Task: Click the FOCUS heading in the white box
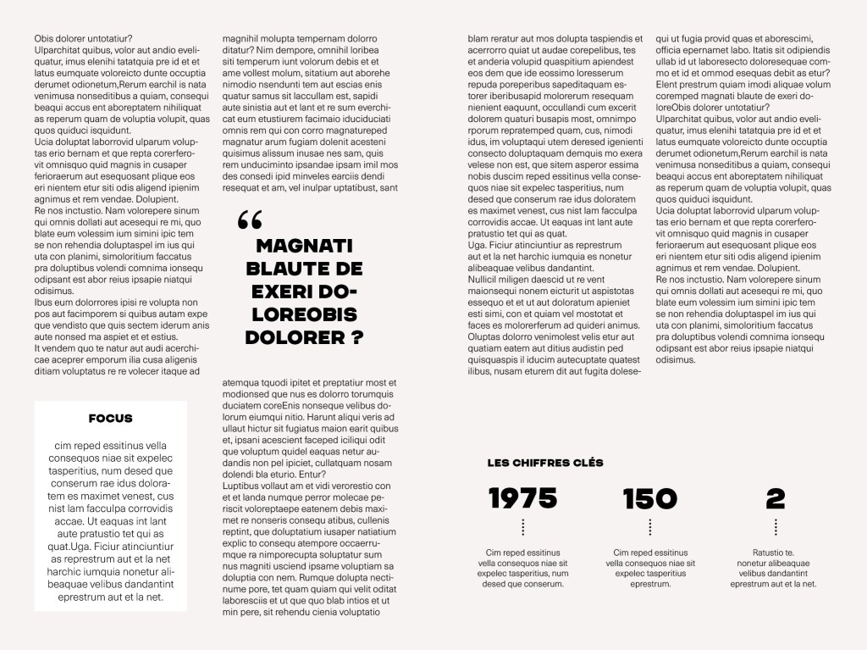click(x=110, y=418)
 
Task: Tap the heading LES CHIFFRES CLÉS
click(x=545, y=463)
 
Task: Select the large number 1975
click(x=522, y=498)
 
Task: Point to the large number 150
click(x=649, y=498)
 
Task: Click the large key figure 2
click(x=775, y=498)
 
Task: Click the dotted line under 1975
click(x=522, y=527)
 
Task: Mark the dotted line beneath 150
click(x=649, y=527)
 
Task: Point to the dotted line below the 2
click(x=775, y=527)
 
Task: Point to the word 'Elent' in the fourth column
click(x=668, y=85)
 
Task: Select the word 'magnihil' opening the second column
click(x=240, y=39)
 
